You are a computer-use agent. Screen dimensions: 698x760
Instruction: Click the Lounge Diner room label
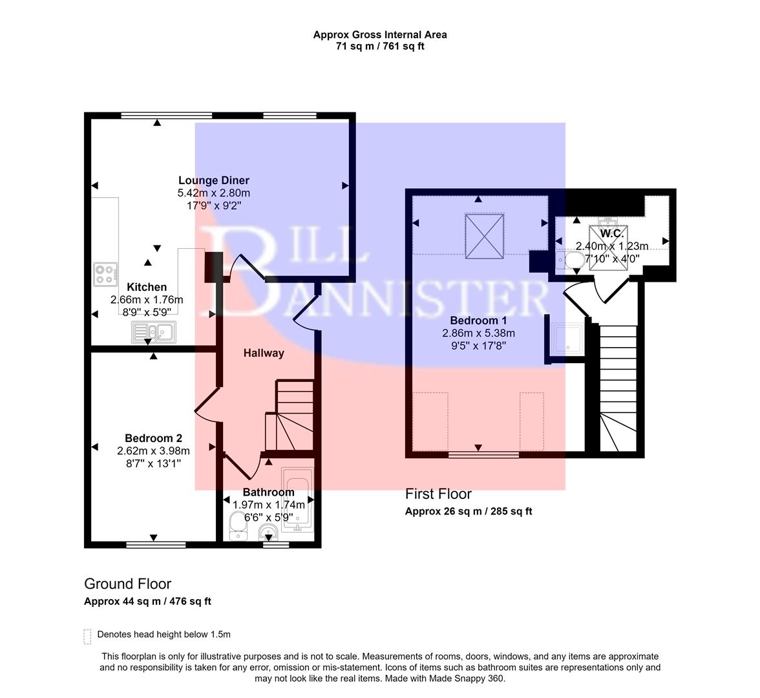[213, 180]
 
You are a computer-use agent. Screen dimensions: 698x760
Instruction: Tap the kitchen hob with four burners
[105, 274]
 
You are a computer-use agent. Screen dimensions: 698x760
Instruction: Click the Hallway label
[264, 353]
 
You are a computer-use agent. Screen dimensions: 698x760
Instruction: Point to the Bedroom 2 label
[149, 438]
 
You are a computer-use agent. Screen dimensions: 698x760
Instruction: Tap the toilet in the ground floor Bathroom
[237, 527]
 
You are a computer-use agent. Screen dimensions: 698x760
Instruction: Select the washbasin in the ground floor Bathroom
[268, 532]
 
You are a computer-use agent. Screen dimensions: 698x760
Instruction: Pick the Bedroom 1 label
[478, 321]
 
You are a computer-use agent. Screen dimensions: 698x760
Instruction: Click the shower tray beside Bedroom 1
[568, 339]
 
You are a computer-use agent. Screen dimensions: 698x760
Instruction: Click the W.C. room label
[611, 233]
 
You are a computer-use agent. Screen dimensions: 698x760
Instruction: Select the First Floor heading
[438, 494]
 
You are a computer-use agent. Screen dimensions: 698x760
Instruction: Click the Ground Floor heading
[127, 584]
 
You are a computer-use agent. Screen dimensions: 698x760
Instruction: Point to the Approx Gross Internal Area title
[380, 35]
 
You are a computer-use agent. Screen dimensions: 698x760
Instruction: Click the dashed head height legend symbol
[87, 636]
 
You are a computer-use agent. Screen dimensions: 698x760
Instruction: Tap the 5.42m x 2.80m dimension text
[213, 193]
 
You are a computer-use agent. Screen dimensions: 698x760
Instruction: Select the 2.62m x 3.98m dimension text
[153, 451]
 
